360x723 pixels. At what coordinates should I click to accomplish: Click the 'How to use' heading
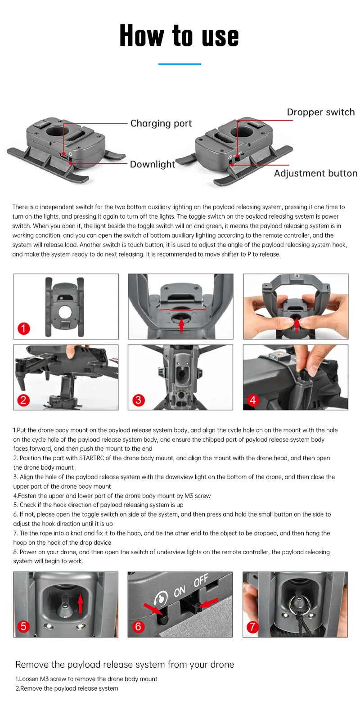[x=179, y=36]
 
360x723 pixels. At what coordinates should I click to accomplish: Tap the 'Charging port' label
[x=161, y=123]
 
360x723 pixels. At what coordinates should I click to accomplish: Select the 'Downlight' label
[x=153, y=164]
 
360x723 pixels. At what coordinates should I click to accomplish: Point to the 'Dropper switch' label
[x=321, y=112]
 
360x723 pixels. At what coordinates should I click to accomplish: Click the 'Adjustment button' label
[x=316, y=173]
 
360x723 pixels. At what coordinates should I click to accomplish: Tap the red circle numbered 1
[x=23, y=328]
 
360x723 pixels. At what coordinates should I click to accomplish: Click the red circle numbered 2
[x=23, y=400]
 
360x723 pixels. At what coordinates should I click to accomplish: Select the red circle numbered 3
[x=139, y=400]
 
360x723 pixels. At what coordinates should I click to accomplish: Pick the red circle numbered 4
[x=253, y=400]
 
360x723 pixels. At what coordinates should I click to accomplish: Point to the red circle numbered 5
[x=23, y=626]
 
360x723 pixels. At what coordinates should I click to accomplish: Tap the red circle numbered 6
[x=138, y=626]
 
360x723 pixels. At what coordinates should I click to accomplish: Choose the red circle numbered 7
[x=253, y=627]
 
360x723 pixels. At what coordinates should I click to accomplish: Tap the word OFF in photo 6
[x=201, y=581]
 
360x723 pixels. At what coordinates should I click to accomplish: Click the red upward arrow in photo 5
[x=81, y=604]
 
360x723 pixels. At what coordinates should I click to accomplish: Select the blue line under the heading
[x=180, y=64]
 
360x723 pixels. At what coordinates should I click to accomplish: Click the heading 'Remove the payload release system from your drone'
[x=125, y=665]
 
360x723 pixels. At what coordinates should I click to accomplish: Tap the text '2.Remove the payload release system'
[x=67, y=688]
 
